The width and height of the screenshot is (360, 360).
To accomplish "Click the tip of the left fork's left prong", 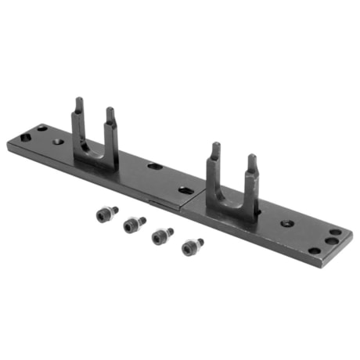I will coord(79,101).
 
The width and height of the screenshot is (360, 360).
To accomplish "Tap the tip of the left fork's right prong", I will coord(110,112).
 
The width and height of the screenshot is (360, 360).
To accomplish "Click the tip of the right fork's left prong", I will coord(215,146).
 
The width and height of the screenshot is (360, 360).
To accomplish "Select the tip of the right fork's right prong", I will coord(252,158).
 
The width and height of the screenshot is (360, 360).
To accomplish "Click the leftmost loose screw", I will coord(106,213).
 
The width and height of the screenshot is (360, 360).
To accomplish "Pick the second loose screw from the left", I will coord(134,225).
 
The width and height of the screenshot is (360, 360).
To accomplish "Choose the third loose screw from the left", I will coord(162,235).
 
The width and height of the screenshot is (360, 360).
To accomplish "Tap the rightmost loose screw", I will coord(192,247).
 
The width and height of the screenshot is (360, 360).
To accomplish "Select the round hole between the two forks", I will coord(155,167).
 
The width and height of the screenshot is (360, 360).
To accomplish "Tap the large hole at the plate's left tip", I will coord(26,137).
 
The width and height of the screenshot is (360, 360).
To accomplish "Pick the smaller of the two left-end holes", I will coord(42,128).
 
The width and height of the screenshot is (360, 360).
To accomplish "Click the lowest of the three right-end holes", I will coord(315,250).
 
